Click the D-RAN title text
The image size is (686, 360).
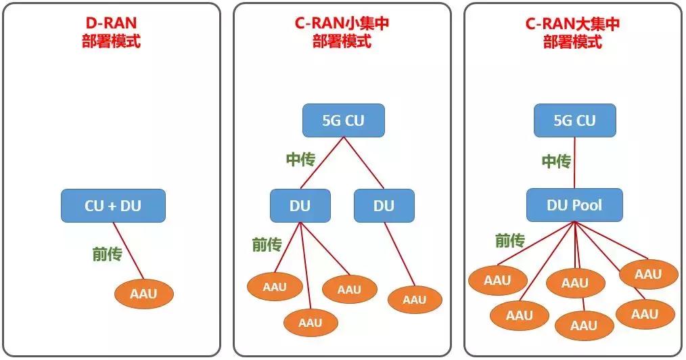[111, 24]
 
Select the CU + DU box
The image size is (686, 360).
[113, 206]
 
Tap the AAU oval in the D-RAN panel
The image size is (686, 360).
[143, 294]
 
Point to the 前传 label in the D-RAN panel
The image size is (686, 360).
[107, 254]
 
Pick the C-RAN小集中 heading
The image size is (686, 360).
[342, 24]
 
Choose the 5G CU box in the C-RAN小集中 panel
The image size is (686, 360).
[343, 120]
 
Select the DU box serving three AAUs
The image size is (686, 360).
[300, 206]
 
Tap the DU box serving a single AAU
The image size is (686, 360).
[384, 206]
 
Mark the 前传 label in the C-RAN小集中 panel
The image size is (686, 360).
[267, 244]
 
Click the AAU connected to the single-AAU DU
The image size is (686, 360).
[414, 300]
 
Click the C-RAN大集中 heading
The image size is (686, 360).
[572, 24]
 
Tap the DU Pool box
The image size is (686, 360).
[574, 205]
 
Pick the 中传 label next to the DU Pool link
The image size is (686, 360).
[556, 162]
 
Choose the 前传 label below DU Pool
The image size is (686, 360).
[510, 240]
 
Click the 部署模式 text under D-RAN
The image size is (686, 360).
[111, 41]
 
